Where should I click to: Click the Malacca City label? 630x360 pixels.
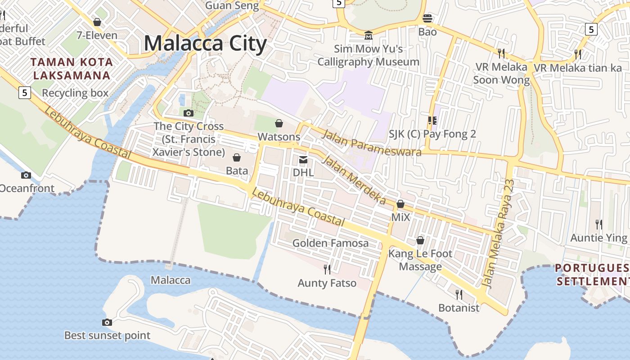click(205, 44)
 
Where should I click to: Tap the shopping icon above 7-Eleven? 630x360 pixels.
click(97, 22)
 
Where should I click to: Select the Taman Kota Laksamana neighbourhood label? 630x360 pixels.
click(72, 68)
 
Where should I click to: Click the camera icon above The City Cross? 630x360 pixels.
click(189, 113)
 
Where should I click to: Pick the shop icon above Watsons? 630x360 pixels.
click(279, 123)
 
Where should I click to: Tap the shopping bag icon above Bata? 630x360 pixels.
click(237, 157)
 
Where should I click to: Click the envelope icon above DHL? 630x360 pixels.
click(303, 159)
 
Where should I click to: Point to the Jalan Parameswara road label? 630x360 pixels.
click(372, 142)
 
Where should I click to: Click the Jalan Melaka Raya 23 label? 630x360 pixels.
click(498, 234)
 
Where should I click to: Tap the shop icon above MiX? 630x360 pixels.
click(400, 204)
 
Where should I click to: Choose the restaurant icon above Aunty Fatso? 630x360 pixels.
click(327, 270)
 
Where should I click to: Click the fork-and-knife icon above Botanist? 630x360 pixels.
click(459, 295)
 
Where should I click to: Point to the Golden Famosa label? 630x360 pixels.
click(330, 243)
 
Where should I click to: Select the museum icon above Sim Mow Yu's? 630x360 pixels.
click(369, 35)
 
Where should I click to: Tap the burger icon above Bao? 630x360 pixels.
click(427, 18)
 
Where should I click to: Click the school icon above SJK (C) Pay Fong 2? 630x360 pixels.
click(432, 121)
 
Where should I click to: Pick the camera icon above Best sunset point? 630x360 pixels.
click(107, 322)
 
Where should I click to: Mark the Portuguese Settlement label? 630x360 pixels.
click(592, 275)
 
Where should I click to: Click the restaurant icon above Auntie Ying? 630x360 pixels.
click(599, 224)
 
